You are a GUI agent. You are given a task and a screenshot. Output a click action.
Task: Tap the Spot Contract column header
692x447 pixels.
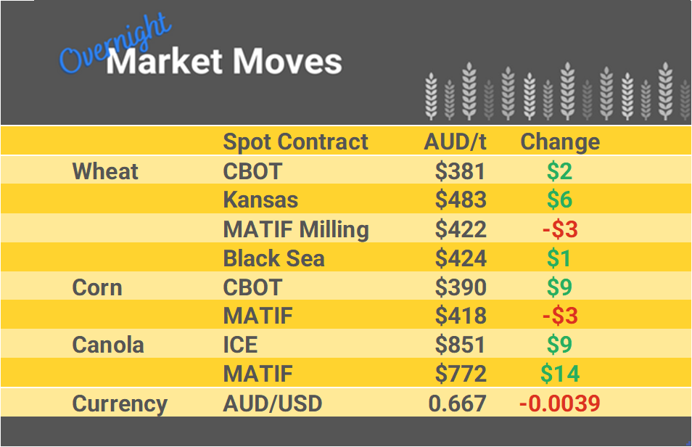[x=295, y=142]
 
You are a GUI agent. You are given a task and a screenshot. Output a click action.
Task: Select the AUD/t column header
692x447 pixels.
[x=455, y=142]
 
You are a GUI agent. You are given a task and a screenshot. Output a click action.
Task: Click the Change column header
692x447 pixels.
[x=560, y=142]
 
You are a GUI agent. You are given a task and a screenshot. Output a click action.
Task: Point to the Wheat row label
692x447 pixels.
[x=105, y=171]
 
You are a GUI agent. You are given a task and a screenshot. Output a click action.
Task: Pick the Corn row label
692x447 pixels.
[x=97, y=287]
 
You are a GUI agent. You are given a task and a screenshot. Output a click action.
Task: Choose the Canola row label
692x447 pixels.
[x=108, y=345]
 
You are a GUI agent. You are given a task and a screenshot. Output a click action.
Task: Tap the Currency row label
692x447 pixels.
[x=120, y=403]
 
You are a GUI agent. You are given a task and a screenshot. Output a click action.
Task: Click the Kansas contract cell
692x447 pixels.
[x=260, y=200]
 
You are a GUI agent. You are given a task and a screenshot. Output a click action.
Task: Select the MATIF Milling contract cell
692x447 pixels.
[x=296, y=229]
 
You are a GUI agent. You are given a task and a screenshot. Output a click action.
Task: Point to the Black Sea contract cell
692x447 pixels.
[x=273, y=258]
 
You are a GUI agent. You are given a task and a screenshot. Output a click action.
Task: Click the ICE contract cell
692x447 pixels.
[x=240, y=345]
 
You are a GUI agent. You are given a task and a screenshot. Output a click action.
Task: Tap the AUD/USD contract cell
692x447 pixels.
[x=272, y=403]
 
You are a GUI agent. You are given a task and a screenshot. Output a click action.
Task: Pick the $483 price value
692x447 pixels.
[x=461, y=200]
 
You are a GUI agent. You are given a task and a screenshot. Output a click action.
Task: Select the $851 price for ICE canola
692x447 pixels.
[x=461, y=345]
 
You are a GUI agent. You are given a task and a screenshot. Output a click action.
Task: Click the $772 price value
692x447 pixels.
[x=461, y=374]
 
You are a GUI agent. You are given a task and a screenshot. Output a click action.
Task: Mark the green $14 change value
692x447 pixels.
[x=560, y=374]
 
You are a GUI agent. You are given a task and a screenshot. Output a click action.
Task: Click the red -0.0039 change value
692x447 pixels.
[x=559, y=403]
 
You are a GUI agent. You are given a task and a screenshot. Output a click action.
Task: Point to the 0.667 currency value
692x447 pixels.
[x=457, y=403]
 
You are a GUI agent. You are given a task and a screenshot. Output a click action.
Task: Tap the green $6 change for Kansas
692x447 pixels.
[x=560, y=200]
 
